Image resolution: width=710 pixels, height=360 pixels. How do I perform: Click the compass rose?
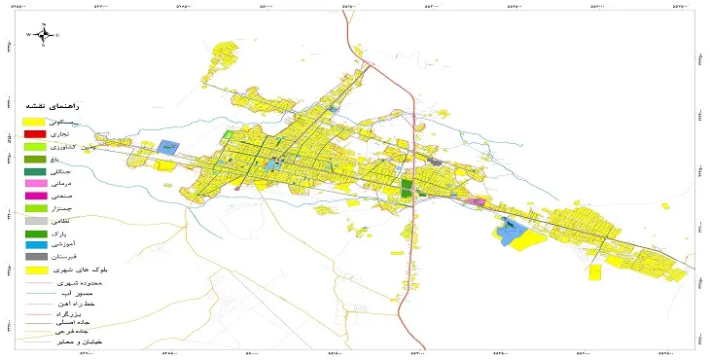(x=45, y=36)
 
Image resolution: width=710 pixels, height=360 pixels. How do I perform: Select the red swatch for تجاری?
(x=34, y=133)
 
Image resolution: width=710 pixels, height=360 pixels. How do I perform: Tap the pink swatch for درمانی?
(x=34, y=184)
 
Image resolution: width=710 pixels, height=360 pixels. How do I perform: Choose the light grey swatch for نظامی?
(x=34, y=222)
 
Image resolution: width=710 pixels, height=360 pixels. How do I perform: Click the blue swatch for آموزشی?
(x=34, y=244)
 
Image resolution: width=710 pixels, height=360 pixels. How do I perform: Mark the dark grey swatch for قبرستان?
(x=34, y=257)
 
